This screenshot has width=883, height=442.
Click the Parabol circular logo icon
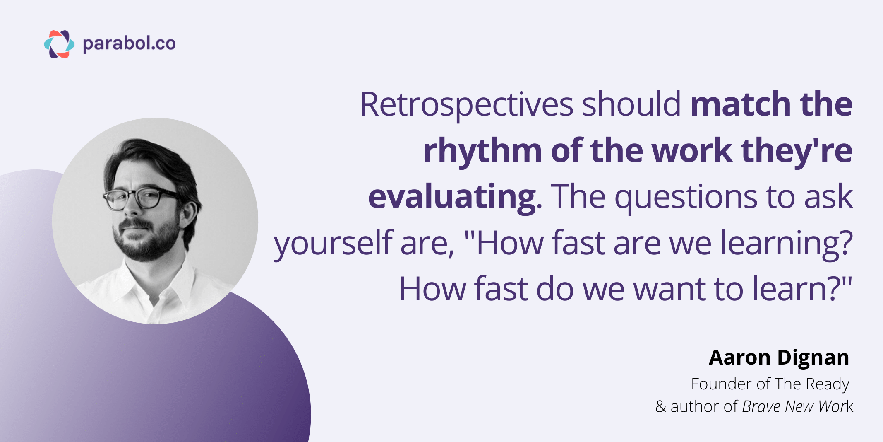(59, 44)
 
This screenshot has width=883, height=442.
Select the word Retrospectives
(466, 104)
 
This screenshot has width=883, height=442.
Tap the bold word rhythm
(482, 151)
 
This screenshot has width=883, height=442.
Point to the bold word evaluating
(452, 197)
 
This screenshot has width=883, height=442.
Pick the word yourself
(333, 244)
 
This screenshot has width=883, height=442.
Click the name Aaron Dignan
(778, 357)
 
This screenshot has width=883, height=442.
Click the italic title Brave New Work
(797, 406)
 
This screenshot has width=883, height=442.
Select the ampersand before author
(661, 407)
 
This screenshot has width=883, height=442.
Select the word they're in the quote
(797, 151)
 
